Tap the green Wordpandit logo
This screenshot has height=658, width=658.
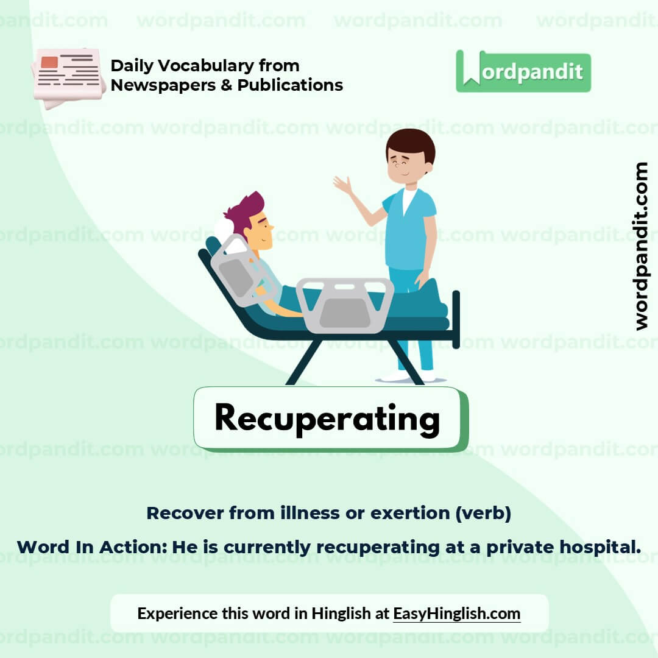coord(523,72)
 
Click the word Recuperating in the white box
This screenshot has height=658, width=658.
coord(327,419)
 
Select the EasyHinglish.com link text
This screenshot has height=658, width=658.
coord(456,613)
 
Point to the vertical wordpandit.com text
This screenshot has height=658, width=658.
coord(641,246)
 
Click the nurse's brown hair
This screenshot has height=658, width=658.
coord(411,144)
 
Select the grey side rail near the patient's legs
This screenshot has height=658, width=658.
coord(345,305)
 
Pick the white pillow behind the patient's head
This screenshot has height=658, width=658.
coord(225,230)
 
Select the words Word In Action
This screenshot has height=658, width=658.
coord(91,547)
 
